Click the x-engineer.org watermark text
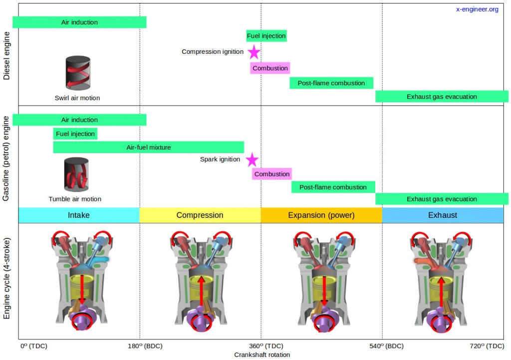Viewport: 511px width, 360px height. tap(477, 9)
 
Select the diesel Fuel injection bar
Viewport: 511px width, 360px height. tap(266, 36)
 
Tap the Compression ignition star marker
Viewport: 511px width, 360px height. tap(254, 52)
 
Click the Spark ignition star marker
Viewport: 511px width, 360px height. tap(252, 160)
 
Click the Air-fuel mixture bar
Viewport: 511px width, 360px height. tap(148, 147)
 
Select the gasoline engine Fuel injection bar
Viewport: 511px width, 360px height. tap(75, 134)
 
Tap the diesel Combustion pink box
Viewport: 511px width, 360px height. tap(270, 68)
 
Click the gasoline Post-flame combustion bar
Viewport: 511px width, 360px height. tap(333, 187)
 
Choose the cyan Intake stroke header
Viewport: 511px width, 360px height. tap(79, 215)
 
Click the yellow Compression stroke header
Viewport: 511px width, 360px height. tap(200, 215)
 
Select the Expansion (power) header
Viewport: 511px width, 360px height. tap(321, 215)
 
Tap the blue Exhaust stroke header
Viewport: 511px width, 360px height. tap(443, 215)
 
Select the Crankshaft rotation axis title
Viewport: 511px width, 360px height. tap(262, 355)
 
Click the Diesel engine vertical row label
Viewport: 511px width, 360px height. tap(6, 54)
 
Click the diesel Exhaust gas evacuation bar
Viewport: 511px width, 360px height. tap(442, 97)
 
